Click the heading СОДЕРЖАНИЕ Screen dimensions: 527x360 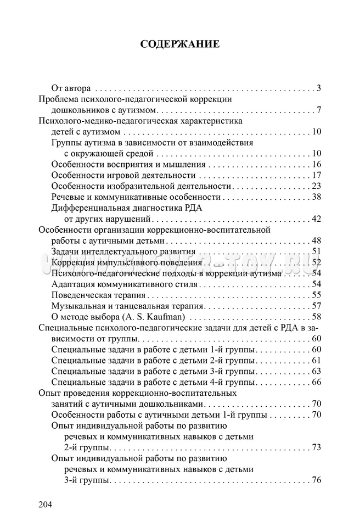coord(180,44)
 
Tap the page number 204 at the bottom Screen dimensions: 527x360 coord(46,504)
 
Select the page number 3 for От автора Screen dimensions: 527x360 coord(318,88)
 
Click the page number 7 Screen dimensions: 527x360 coord(318,110)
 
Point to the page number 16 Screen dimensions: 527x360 coord(316,164)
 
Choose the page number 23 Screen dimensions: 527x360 coord(316,186)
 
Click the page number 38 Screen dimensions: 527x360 coord(316,197)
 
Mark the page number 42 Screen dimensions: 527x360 coord(316,219)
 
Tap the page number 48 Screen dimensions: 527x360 coord(316,240)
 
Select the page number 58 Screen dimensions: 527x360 coord(316,317)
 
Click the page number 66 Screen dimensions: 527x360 coord(316,382)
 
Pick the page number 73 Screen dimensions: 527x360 coord(316,447)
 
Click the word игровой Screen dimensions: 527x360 coord(119,175)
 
